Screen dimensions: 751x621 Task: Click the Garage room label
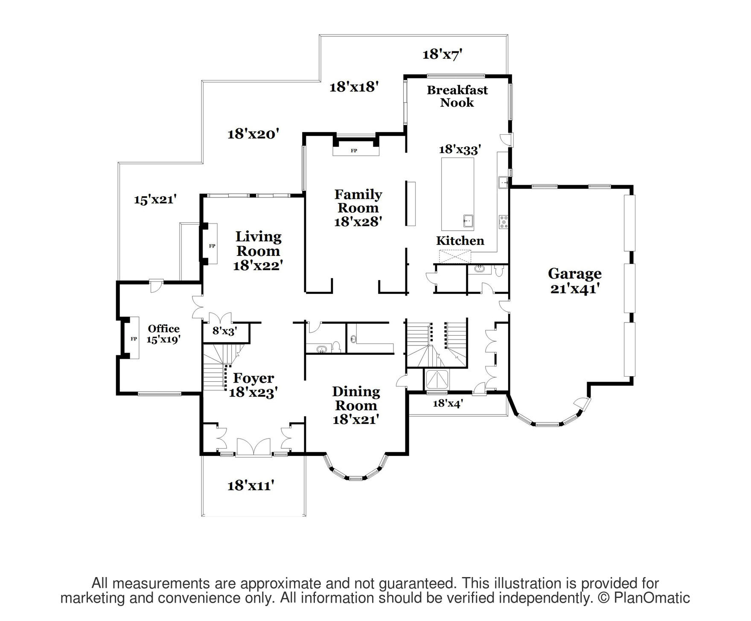click(575, 281)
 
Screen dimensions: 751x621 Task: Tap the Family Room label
click(358, 208)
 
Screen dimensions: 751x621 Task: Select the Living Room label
click(259, 251)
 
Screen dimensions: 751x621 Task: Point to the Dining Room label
click(356, 405)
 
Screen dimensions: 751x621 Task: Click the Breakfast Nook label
click(457, 96)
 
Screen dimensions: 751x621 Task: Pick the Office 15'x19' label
click(163, 334)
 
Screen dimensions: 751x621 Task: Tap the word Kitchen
click(460, 241)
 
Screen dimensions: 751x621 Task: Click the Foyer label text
click(253, 378)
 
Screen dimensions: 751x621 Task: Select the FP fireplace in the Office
click(133, 339)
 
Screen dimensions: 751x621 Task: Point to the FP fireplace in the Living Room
click(212, 246)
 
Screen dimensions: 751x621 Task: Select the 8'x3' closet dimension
click(225, 331)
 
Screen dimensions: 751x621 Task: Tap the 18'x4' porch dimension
click(448, 403)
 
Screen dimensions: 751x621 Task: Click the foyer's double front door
click(253, 447)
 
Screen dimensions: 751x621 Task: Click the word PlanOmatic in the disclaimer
click(652, 598)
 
